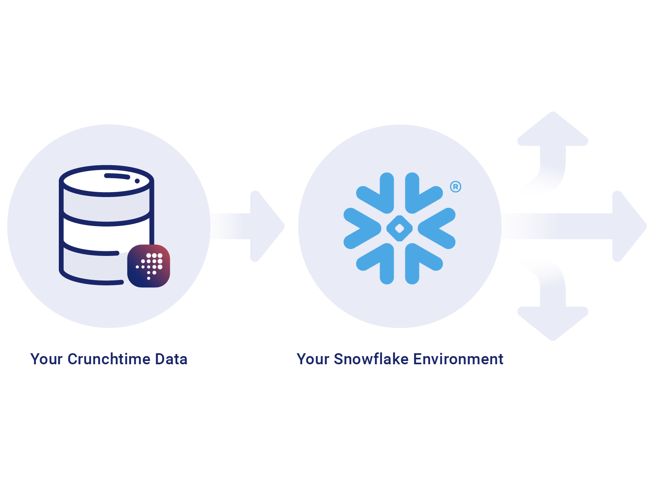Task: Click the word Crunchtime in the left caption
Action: (109, 359)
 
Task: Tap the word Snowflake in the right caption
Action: (371, 359)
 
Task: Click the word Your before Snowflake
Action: (312, 359)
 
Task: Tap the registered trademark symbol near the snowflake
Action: (455, 187)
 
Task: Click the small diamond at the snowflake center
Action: (400, 228)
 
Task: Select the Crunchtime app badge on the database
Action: (149, 266)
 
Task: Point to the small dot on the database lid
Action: (137, 181)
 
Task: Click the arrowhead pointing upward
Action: (553, 130)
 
